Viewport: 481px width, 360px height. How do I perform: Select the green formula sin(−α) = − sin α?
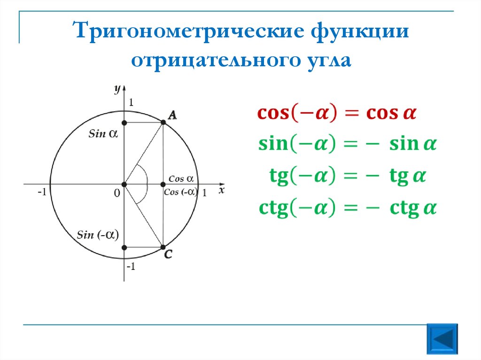pos(347,144)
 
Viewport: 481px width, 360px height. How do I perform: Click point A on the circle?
pos(163,123)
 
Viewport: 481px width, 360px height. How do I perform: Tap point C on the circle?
pos(163,247)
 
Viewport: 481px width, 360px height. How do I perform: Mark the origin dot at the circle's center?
pos(124,184)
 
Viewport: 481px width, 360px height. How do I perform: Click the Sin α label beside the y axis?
pos(102,134)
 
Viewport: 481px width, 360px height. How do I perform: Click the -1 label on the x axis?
pos(42,193)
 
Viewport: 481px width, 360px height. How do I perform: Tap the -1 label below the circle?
pos(131,267)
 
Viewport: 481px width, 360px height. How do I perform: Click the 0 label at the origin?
pos(117,193)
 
